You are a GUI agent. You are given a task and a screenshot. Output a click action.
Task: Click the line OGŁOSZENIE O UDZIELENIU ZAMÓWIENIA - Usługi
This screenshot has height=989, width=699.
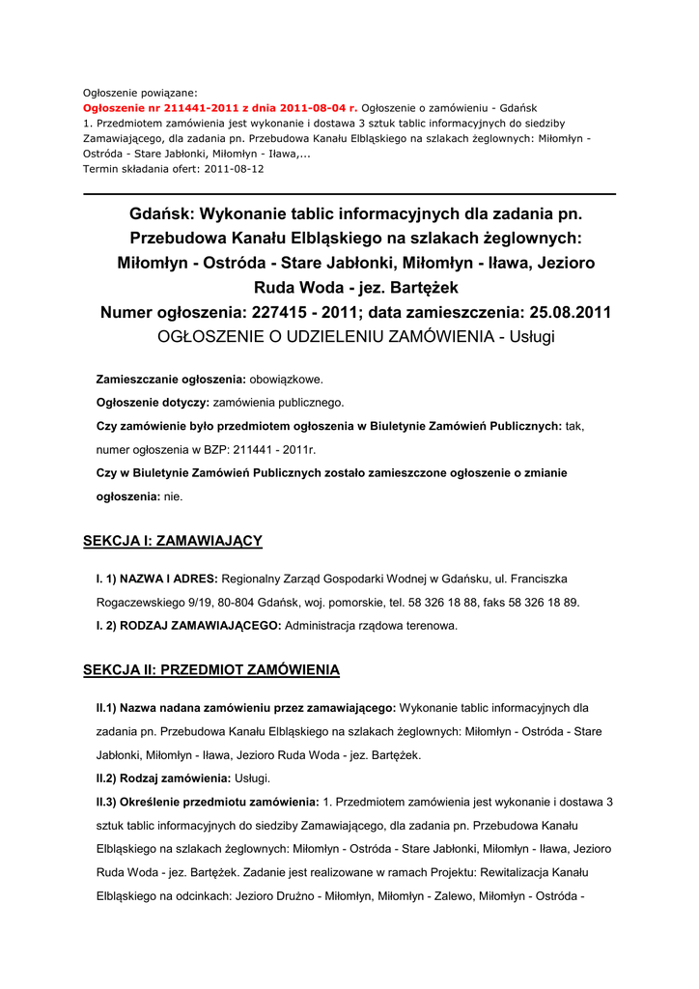tap(356, 336)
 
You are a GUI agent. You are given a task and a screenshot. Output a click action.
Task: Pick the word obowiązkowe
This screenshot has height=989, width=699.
tap(287, 379)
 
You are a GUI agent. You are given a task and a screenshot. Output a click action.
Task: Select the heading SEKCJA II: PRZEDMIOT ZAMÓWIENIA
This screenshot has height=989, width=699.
tap(210, 669)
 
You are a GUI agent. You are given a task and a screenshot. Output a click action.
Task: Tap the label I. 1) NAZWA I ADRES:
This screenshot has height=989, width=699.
tap(156, 579)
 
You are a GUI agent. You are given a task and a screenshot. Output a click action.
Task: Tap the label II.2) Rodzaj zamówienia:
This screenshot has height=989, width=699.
tap(162, 777)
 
